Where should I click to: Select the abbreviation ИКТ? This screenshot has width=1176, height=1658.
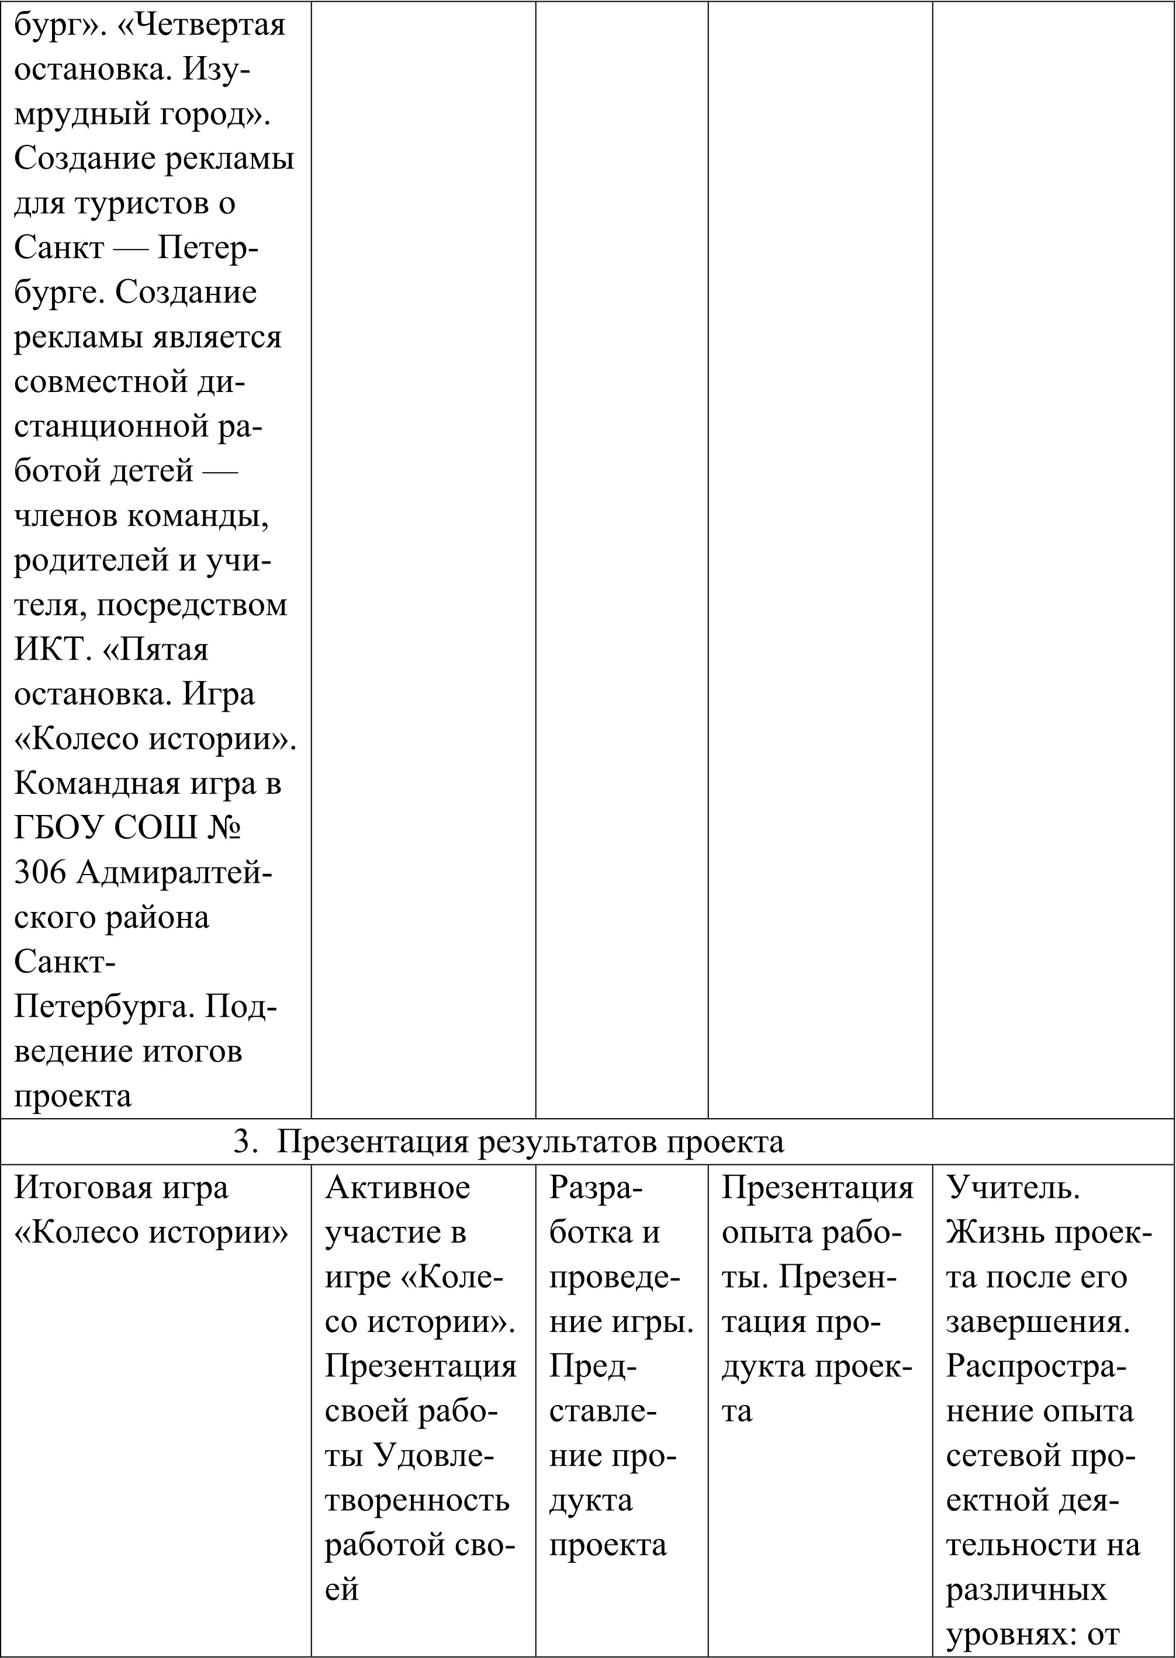tap(49, 649)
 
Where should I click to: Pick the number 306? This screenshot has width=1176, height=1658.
tap(40, 873)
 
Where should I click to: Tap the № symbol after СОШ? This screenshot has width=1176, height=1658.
tap(224, 828)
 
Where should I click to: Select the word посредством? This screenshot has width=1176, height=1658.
tap(192, 605)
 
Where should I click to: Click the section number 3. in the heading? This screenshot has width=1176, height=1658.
tap(242, 1142)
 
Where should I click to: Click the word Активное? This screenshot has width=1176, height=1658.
tap(397, 1188)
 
